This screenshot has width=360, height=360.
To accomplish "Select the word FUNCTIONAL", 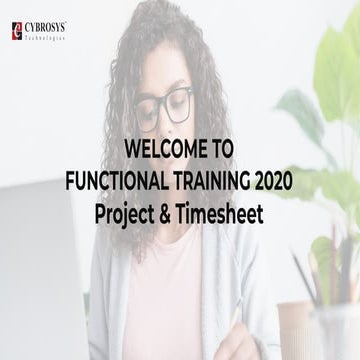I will pos(114,181).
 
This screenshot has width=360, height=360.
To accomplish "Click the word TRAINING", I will pos(208,181).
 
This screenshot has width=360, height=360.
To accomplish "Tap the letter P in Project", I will pos(102,214).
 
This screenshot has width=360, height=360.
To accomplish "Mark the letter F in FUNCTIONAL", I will pos(70,181).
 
